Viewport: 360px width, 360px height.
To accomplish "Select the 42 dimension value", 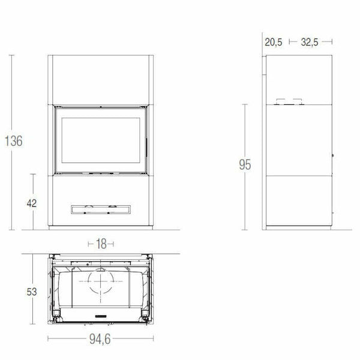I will pyautogui.click(x=32, y=203).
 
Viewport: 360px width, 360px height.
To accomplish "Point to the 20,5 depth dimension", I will pyautogui.click(x=273, y=42).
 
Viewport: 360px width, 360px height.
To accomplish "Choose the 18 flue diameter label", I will pyautogui.click(x=101, y=244).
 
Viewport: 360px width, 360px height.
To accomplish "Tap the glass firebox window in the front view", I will pyautogui.click(x=101, y=139).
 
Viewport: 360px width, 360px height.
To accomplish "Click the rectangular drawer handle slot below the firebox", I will pyautogui.click(x=101, y=209).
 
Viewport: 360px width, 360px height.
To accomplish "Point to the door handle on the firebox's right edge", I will pyautogui.click(x=144, y=143).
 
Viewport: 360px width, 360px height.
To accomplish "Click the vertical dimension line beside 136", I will pyautogui.click(x=13, y=90).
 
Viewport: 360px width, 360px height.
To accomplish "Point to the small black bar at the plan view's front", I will pyautogui.click(x=101, y=315).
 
